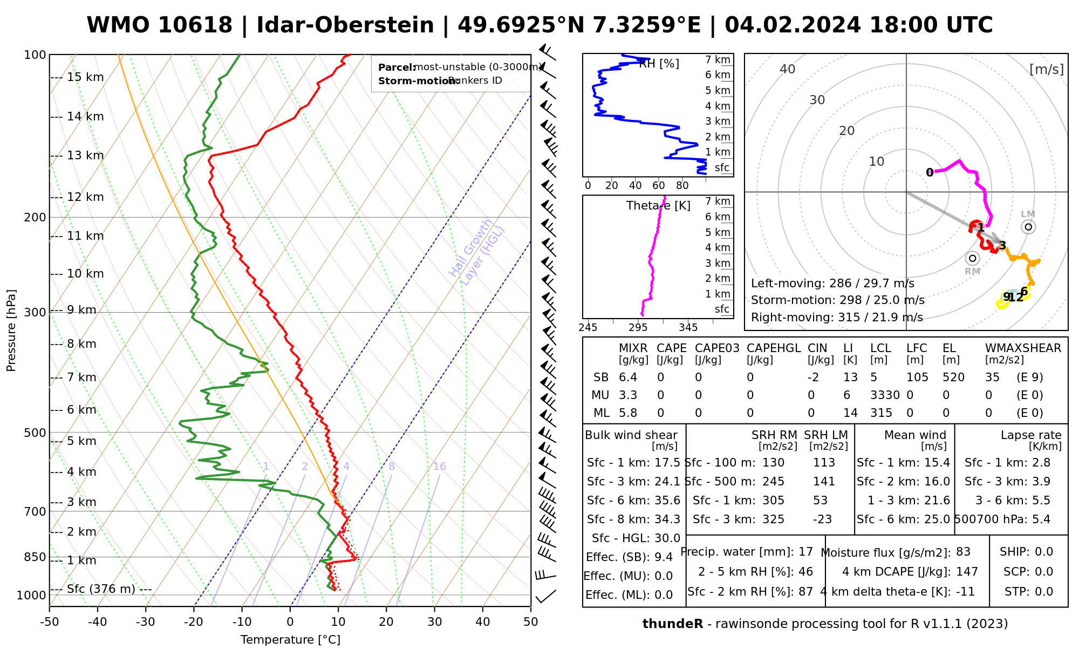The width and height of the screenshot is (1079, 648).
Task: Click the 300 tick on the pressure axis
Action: pyautogui.click(x=36, y=313)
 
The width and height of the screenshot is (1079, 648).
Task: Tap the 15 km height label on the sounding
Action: pyautogui.click(x=85, y=77)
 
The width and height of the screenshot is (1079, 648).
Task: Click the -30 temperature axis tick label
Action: pyautogui.click(x=146, y=622)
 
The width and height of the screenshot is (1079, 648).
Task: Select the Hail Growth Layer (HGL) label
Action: pyautogui.click(x=477, y=252)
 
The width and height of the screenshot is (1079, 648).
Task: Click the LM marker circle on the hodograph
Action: pyautogui.click(x=1028, y=227)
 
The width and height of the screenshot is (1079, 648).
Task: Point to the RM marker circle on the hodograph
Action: pyautogui.click(x=973, y=258)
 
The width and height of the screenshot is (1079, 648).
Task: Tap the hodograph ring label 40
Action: pyautogui.click(x=788, y=69)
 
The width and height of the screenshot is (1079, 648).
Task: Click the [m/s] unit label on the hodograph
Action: pyautogui.click(x=1047, y=69)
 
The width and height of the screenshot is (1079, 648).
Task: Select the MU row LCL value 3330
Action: pyautogui.click(x=885, y=395)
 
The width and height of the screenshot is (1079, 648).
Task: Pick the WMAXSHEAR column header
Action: pyautogui.click(x=1023, y=348)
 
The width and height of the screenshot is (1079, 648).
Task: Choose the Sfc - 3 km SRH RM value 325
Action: pyautogui.click(x=773, y=519)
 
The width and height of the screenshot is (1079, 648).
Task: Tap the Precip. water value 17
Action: pyautogui.click(x=805, y=552)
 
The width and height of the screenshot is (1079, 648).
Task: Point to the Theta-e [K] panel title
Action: pyautogui.click(x=658, y=206)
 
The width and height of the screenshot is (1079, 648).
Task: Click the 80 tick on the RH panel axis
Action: pyautogui.click(x=682, y=186)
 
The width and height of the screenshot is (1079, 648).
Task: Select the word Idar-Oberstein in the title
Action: pyautogui.click(x=345, y=25)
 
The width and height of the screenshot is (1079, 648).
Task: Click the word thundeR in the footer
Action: pyautogui.click(x=673, y=624)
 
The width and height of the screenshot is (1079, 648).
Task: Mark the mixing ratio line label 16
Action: pyautogui.click(x=439, y=467)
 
